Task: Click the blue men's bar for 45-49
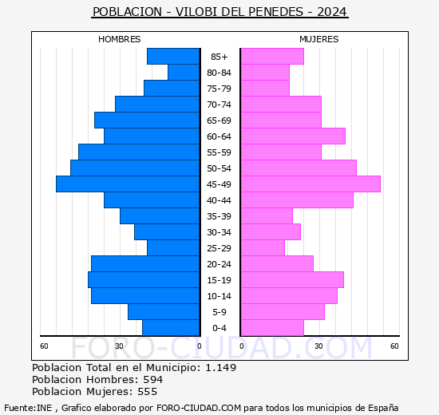128,184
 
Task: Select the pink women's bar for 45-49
310,184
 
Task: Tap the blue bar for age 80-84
184,73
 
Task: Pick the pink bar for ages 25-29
263,248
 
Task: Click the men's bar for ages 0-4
171,328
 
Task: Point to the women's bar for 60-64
293,136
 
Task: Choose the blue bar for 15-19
144,280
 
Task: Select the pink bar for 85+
272,57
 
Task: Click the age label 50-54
219,168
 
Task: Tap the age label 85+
219,57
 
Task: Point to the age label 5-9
219,312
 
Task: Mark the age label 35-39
219,216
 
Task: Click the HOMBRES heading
120,39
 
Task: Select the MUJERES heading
319,39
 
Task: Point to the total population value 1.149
220,368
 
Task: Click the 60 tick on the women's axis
394,346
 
